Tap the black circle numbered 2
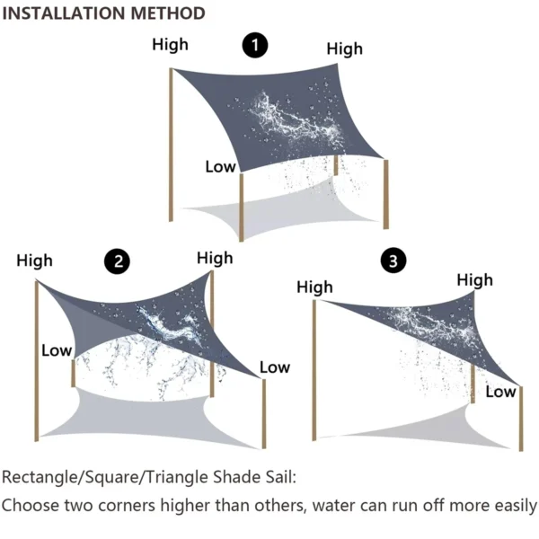118,261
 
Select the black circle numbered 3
393,261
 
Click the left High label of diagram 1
171,44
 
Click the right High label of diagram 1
344,49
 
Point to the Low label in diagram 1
220,166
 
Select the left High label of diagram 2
34,261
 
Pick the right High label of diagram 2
215,258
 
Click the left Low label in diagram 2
56,349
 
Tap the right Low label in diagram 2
274,367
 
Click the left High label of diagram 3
314,287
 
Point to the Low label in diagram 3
500,391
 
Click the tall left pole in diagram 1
171,144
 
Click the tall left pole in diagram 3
314,368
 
